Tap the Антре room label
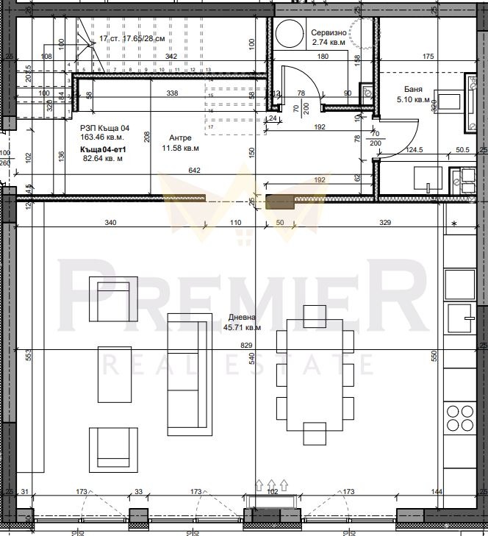[182, 137]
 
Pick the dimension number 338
[172, 93]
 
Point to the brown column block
[279, 203]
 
